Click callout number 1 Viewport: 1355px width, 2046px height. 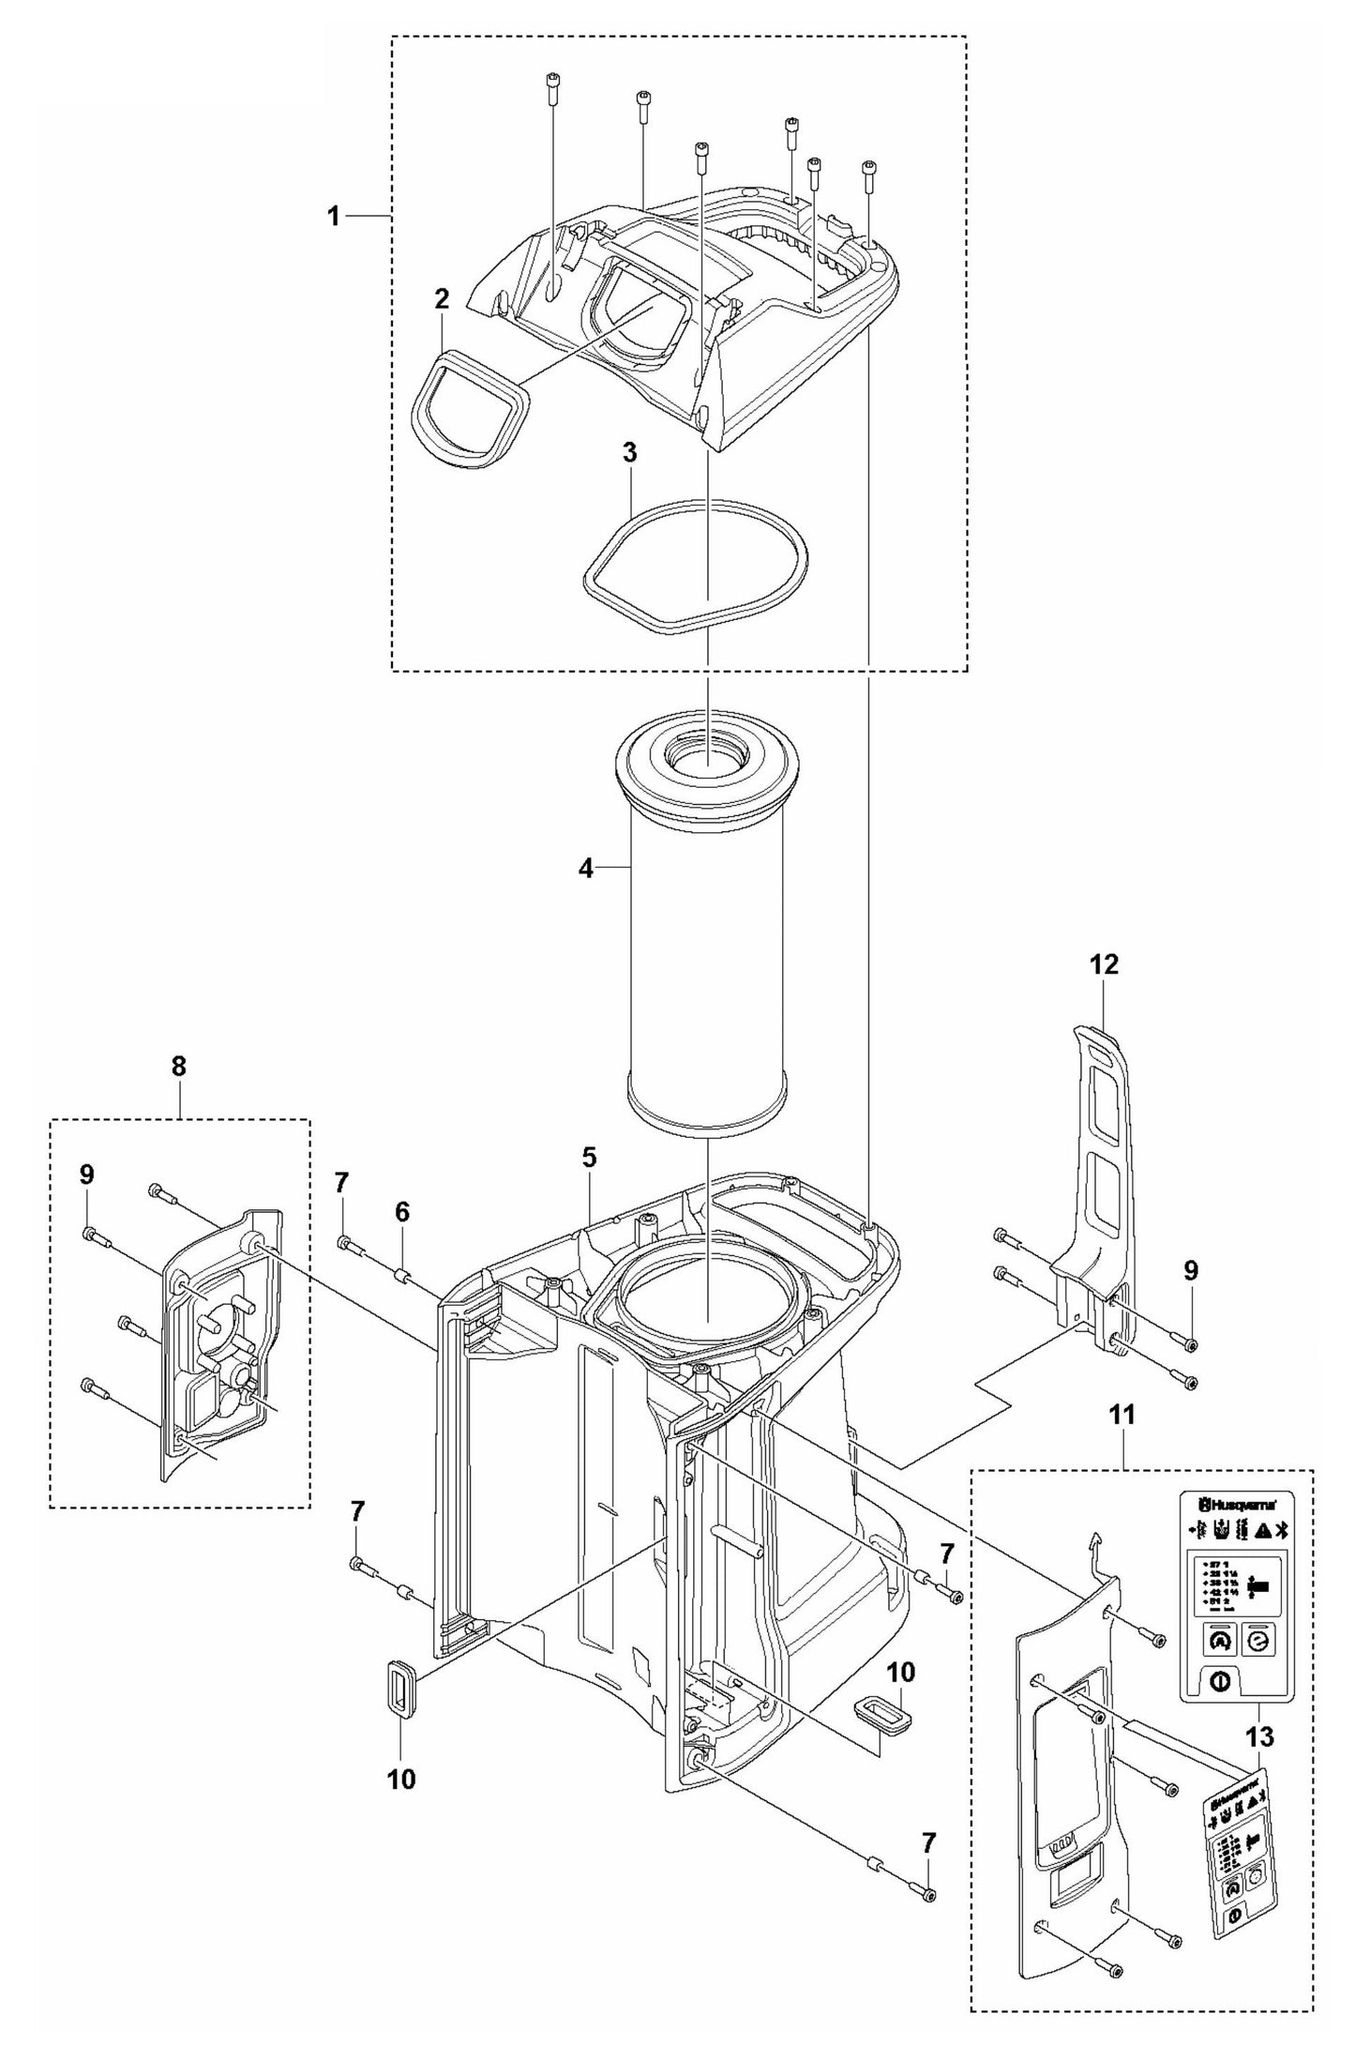[x=333, y=216]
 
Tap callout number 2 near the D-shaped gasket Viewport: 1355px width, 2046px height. [x=442, y=299]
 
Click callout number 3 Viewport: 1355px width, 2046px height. [x=629, y=453]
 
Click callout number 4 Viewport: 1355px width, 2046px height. [x=585, y=869]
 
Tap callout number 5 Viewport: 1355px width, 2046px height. [x=588, y=1157]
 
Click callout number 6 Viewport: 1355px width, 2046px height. [x=401, y=1211]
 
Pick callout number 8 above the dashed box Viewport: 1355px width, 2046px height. [x=178, y=1066]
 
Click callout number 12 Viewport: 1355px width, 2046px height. [x=1104, y=964]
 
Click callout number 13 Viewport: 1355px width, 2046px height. [x=1260, y=1736]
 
